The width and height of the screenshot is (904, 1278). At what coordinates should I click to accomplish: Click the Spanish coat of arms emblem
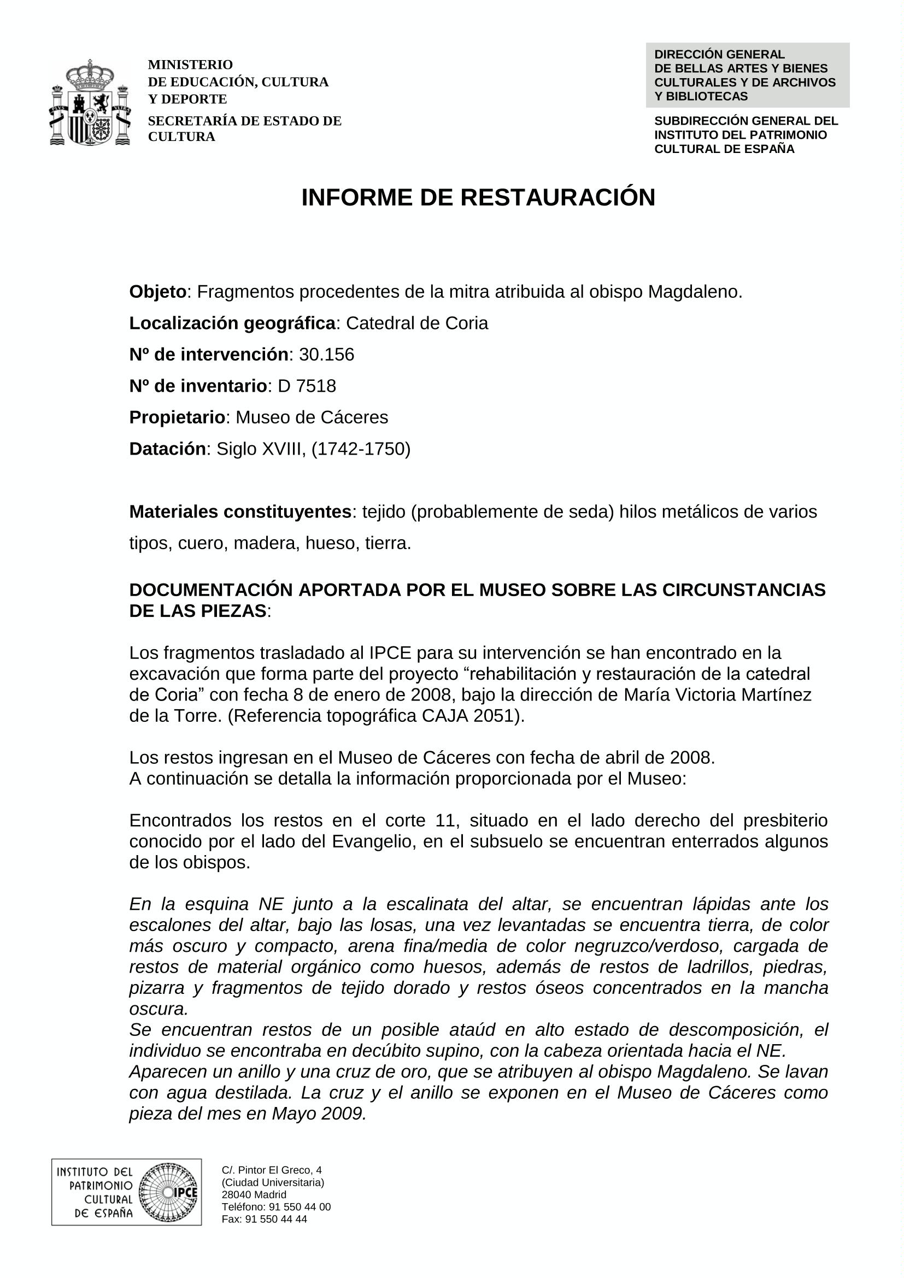(90, 102)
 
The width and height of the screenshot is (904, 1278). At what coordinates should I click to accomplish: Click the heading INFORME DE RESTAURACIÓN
(478, 198)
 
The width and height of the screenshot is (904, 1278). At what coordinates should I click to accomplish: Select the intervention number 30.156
(326, 355)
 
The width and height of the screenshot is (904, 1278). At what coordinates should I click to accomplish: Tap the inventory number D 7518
(307, 386)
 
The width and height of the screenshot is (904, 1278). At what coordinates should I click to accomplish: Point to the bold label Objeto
(157, 292)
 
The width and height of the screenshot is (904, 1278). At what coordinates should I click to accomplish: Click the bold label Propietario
(177, 417)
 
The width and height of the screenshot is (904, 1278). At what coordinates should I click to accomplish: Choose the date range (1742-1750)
(361, 449)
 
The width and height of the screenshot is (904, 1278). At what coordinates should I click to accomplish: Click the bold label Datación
(168, 449)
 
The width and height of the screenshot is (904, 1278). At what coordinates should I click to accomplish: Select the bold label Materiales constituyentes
(240, 511)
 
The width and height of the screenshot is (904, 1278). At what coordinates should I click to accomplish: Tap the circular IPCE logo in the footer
(168, 1192)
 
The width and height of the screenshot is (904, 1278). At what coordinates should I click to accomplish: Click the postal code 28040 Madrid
(254, 1194)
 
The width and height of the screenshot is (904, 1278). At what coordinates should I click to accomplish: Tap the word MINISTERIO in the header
(190, 65)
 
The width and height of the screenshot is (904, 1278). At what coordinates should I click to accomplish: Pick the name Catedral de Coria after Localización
(417, 323)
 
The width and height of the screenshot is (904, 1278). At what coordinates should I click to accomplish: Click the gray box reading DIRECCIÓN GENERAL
(747, 75)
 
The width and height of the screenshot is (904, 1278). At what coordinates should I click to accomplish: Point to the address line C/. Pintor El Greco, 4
(272, 1170)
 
